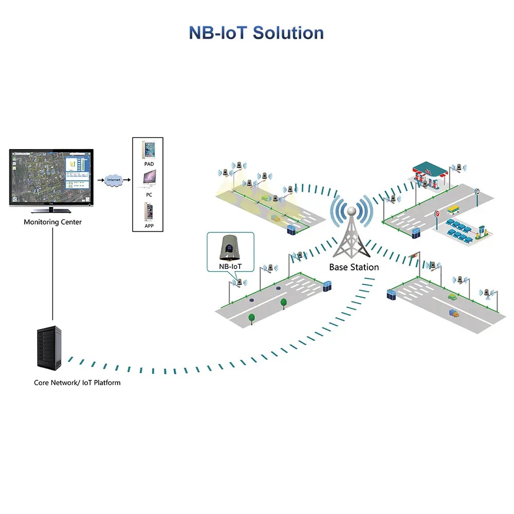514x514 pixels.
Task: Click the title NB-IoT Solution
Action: pos(256,32)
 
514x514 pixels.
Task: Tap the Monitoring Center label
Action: pos(52,222)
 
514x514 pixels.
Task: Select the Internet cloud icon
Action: pos(113,180)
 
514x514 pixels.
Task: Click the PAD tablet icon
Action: pos(149,150)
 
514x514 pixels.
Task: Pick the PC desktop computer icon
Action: pos(149,178)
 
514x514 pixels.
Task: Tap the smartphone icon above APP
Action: pos(149,212)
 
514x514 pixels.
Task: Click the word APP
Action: pos(149,226)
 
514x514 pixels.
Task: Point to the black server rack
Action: pos(50,348)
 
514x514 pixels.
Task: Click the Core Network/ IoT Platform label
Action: pos(77,382)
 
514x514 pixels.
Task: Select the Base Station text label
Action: pos(354,267)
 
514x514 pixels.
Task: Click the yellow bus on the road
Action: pos(453,210)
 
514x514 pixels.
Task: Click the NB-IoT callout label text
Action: pos(230,267)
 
